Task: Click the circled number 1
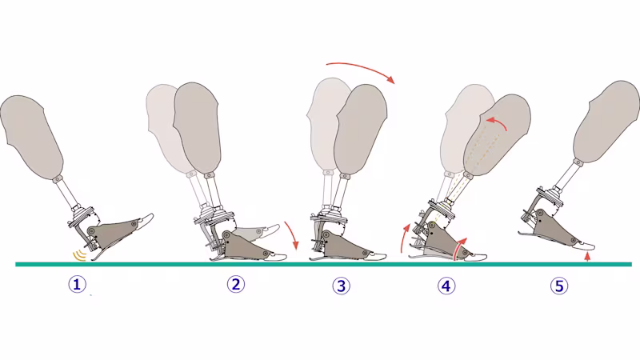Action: (x=77, y=284)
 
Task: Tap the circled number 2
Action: (x=236, y=284)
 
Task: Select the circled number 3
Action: (x=342, y=286)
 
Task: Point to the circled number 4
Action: (x=446, y=286)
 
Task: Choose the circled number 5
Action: (x=559, y=286)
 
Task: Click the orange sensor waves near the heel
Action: (x=79, y=256)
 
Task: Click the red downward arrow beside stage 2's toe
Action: (x=293, y=235)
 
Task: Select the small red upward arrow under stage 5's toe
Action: (x=587, y=257)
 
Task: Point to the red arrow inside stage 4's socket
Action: (x=496, y=122)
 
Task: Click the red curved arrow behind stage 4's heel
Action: (x=405, y=238)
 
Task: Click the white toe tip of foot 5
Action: (x=584, y=246)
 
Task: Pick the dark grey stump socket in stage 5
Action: (x=606, y=122)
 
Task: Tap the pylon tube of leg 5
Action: (x=569, y=176)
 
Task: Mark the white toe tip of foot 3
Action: (x=376, y=256)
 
